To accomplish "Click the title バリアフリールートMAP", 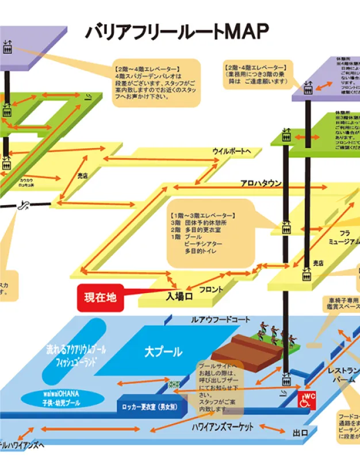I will pos(177,32).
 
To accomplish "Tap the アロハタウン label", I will pos(261,183).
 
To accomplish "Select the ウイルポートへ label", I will pos(232,152).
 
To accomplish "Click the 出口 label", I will pos(301,432).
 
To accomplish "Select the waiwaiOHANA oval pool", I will pos(58,398).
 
